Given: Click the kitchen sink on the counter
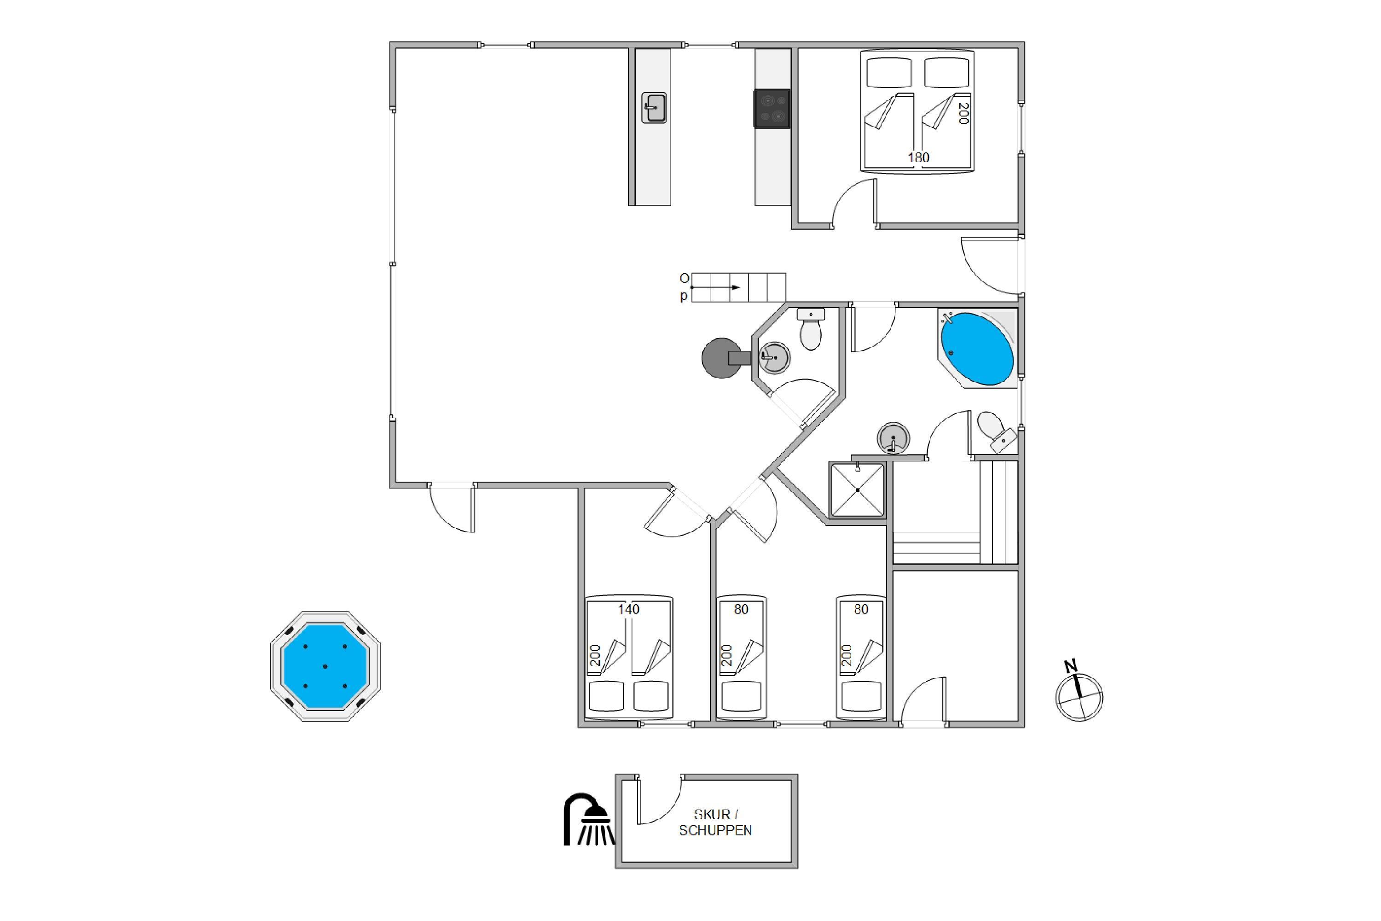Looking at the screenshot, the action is pyautogui.click(x=654, y=107).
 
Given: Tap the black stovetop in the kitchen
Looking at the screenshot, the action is pyautogui.click(x=772, y=108).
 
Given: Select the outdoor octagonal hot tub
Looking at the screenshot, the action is pyautogui.click(x=325, y=666).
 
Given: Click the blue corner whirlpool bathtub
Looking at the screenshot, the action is pyautogui.click(x=977, y=348).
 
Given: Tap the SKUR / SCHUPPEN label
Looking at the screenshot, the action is pyautogui.click(x=715, y=822).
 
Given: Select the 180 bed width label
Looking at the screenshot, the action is pyautogui.click(x=918, y=157).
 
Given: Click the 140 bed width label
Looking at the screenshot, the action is pyautogui.click(x=628, y=610).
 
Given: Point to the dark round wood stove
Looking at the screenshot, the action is pyautogui.click(x=726, y=358).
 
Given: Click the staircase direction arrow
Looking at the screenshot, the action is pyautogui.click(x=715, y=287).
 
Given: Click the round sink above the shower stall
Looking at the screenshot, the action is pyautogui.click(x=893, y=437).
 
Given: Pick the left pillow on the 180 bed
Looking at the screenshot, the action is pyautogui.click(x=889, y=72).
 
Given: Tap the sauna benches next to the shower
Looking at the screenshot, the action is pyautogui.click(x=955, y=512).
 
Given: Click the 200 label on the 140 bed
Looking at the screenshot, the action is pyautogui.click(x=595, y=655).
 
